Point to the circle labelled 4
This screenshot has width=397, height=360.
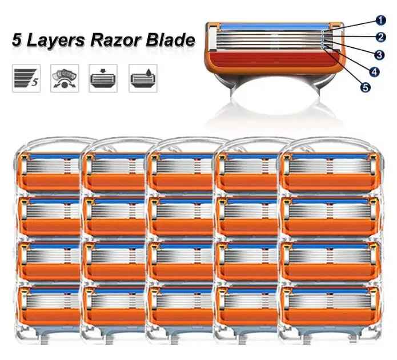374,72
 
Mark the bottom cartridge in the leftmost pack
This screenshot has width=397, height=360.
50,306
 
